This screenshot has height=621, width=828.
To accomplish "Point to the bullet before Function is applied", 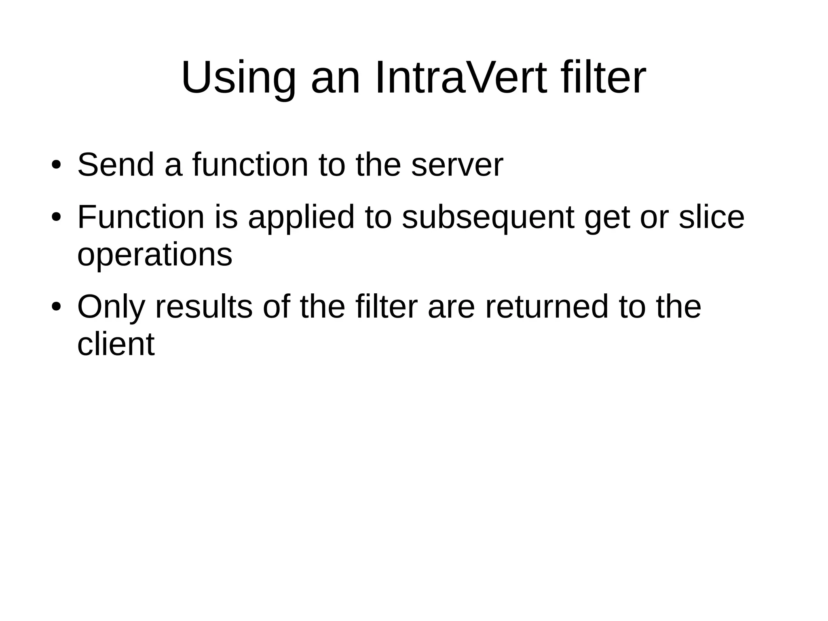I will [56, 217].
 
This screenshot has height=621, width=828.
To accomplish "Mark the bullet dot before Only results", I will [56, 307].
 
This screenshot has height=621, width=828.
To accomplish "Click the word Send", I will [116, 165].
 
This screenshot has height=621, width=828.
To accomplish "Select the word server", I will [457, 165].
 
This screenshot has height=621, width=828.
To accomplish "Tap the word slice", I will [711, 217].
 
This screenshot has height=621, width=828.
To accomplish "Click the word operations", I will [154, 254].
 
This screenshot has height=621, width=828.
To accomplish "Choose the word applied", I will [301, 217].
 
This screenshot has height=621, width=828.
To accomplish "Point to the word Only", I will [111, 307].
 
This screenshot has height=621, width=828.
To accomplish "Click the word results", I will [204, 307].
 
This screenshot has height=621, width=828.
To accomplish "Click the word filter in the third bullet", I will [386, 307].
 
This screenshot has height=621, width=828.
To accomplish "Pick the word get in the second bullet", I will [607, 217].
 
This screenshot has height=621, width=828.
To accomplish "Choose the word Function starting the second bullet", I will [141, 217].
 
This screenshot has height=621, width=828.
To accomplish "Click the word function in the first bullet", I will [250, 165].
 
